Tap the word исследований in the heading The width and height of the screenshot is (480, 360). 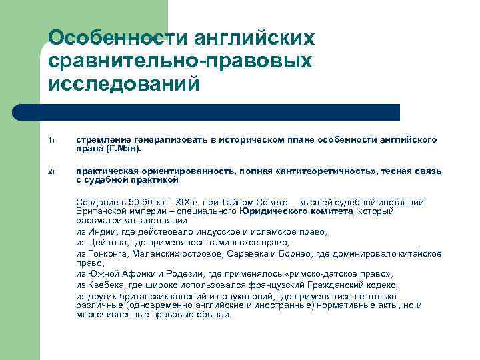[x=123, y=84]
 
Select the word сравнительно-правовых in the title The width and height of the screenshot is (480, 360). [x=180, y=61]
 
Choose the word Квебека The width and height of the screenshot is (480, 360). [x=103, y=285]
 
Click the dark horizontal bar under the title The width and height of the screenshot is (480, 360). [x=220, y=112]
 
